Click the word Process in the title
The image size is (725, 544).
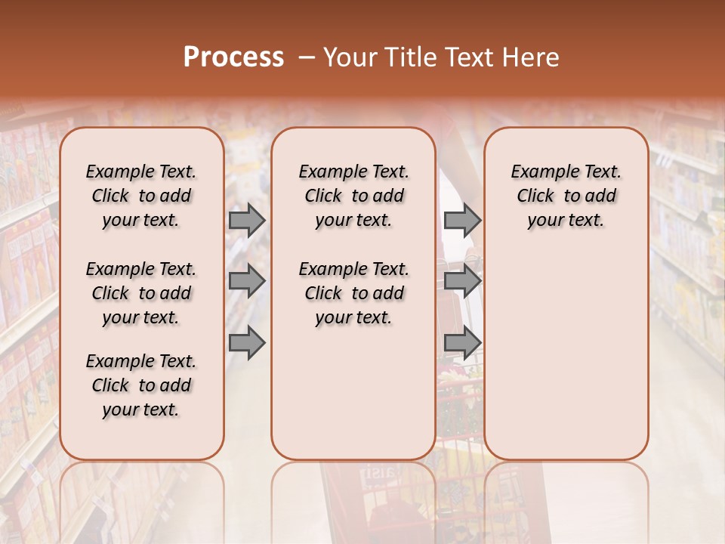pos(233,57)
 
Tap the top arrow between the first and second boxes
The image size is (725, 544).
pos(247,220)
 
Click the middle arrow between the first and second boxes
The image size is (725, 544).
pos(247,281)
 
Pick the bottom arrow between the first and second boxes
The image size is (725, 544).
pos(247,343)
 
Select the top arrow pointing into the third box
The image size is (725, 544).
pos(462,220)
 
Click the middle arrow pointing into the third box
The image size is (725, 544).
pos(462,281)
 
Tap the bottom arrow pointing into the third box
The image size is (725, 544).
pos(462,343)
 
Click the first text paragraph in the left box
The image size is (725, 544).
pos(141,196)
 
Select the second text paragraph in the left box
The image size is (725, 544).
pos(141,293)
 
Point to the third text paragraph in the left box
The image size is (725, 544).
pos(141,385)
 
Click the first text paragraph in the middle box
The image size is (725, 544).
pos(353,196)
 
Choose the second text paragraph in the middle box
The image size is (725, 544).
pos(353,293)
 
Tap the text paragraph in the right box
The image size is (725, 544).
pos(566,196)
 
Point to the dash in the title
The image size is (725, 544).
pos(307,57)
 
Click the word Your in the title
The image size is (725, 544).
pos(351,57)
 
